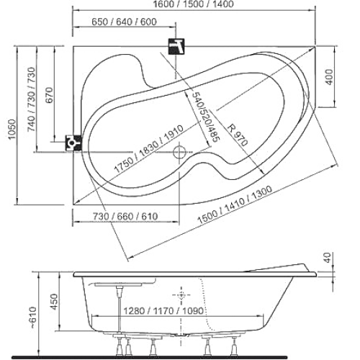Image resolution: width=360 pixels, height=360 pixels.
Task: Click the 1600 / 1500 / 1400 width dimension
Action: pyautogui.click(x=193, y=4)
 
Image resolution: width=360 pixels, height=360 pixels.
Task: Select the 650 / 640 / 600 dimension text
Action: pyautogui.click(x=125, y=22)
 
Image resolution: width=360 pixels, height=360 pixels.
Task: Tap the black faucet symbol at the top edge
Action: pyautogui.click(x=176, y=46)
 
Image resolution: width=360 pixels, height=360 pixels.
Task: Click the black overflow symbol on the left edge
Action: pyautogui.click(x=73, y=143)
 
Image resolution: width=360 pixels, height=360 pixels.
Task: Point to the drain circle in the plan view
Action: pyautogui.click(x=179, y=152)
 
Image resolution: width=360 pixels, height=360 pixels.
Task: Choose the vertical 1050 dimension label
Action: pyautogui.click(x=12, y=129)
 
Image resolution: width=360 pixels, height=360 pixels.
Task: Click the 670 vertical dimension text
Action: pyautogui.click(x=50, y=95)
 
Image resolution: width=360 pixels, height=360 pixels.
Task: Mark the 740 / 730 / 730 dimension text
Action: pyautogui.click(x=32, y=99)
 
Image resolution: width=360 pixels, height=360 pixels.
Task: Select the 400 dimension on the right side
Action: pyautogui.click(x=330, y=77)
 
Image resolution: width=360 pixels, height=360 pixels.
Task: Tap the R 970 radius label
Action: pyautogui.click(x=237, y=135)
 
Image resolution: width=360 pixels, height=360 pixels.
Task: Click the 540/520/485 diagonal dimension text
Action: pyautogui.click(x=206, y=117)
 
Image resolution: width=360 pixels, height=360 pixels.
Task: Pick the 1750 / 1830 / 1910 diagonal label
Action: pyautogui.click(x=149, y=149)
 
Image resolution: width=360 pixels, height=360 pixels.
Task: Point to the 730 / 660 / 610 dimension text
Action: pyautogui.click(x=125, y=217)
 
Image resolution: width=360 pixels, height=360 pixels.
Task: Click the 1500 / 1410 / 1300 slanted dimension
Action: pyautogui.click(x=235, y=204)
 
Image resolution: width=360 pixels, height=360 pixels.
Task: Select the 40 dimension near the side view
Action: pyautogui.click(x=328, y=258)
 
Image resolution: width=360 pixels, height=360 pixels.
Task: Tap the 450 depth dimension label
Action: pyautogui.click(x=55, y=302)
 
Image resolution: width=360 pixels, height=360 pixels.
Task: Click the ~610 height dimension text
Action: pyautogui.click(x=32, y=318)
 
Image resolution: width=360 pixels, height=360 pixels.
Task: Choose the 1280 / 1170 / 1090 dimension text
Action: pyautogui.click(x=163, y=311)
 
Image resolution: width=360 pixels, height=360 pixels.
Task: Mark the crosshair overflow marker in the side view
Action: pyautogui.click(x=181, y=294)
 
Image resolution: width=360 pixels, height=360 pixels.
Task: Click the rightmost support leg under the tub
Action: pyautogui.click(x=234, y=346)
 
